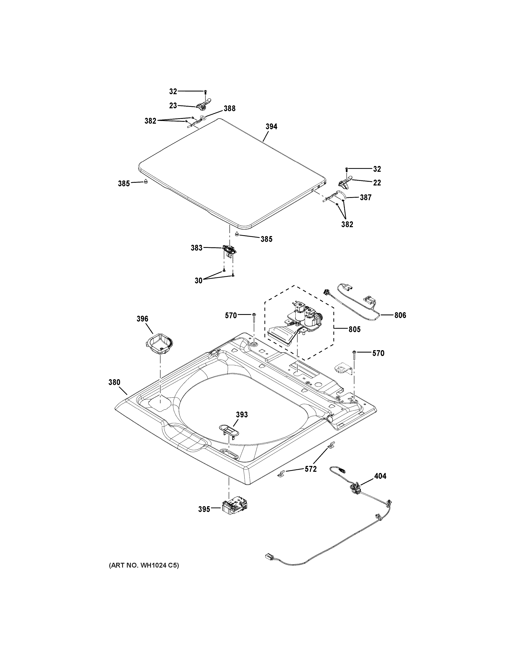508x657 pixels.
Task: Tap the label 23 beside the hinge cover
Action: (x=173, y=106)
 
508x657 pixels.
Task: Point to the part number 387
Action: (x=366, y=198)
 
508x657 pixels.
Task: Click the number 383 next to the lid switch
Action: (x=197, y=248)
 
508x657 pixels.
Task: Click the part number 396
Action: (x=142, y=319)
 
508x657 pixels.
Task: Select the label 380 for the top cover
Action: (x=114, y=382)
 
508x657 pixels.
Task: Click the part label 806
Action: (x=400, y=315)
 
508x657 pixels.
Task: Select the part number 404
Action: (x=380, y=476)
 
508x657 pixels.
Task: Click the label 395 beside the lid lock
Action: (x=204, y=509)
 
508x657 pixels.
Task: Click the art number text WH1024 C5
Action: (x=144, y=566)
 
